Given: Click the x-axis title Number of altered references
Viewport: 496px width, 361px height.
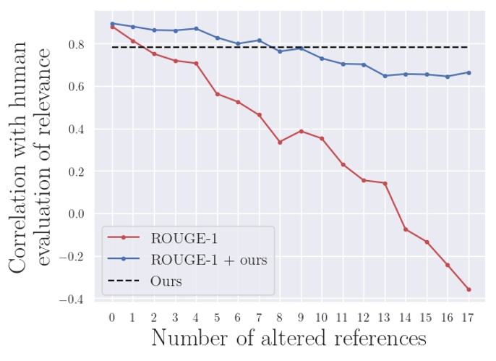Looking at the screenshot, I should tap(288, 339).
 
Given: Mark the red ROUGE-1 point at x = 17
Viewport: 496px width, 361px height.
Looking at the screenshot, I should tap(469, 289).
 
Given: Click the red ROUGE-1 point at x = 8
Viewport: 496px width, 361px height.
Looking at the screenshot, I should tap(280, 142).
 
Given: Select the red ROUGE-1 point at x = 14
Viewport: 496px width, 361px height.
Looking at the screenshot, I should tap(406, 229).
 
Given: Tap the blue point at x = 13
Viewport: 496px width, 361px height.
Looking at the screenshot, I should tap(385, 76).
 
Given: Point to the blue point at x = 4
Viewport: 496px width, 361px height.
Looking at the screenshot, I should tap(196, 29).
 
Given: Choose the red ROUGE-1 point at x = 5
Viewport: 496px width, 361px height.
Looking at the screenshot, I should tap(217, 94).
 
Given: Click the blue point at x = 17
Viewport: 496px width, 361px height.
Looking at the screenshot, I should tap(469, 72).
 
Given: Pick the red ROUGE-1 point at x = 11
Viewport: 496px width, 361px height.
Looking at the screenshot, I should tap(343, 165).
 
